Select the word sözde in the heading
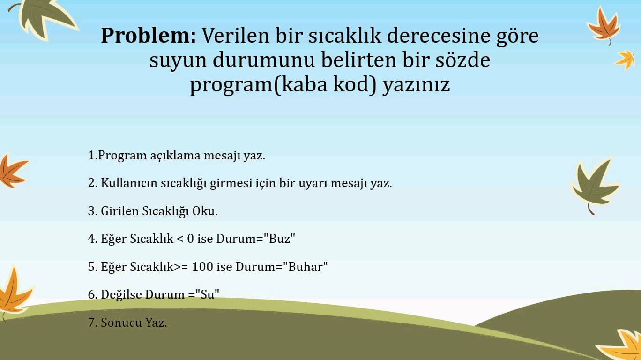[463, 60]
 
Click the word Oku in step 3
[205, 211]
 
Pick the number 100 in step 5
[202, 267]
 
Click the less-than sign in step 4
[180, 239]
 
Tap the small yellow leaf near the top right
[625, 60]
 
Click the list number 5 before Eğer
[91, 267]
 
